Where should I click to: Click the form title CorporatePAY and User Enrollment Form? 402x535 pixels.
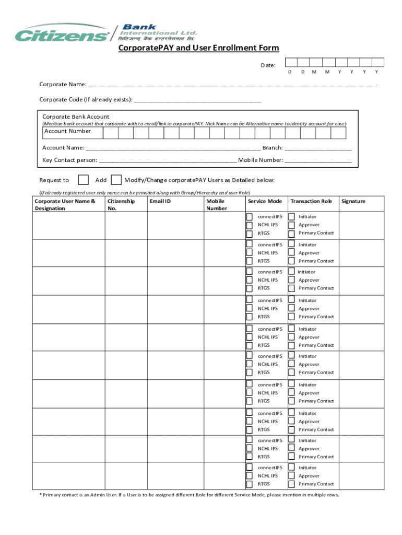(198, 48)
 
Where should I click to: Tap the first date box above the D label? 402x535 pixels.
(290, 63)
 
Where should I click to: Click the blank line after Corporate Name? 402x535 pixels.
(232, 84)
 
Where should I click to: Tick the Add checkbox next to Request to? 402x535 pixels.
(83, 180)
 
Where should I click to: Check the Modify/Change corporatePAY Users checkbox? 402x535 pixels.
(117, 180)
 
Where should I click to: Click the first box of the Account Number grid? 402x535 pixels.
(111, 133)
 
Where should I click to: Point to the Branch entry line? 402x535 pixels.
(318, 148)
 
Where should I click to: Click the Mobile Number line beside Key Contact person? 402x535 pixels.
(318, 160)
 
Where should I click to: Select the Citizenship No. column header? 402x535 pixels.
(121, 205)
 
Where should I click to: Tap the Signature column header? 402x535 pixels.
(353, 202)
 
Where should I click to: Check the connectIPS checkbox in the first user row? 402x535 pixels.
(250, 216)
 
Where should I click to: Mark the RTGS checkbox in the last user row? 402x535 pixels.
(250, 484)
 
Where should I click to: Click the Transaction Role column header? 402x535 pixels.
(311, 202)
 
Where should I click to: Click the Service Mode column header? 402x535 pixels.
(265, 202)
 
